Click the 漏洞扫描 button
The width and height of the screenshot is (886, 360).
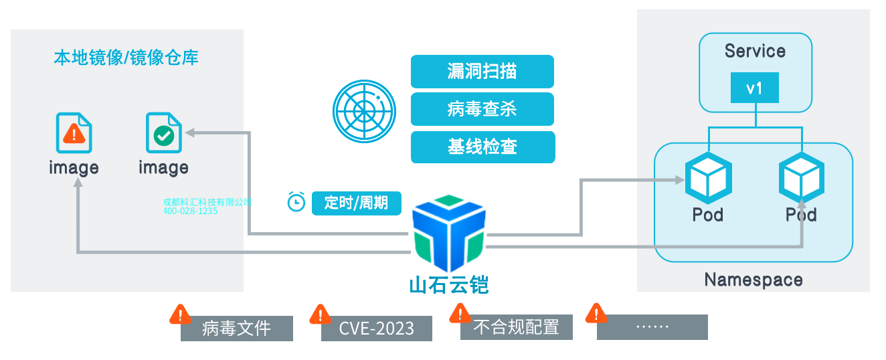click(x=482, y=71)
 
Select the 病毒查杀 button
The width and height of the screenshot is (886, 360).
click(x=482, y=108)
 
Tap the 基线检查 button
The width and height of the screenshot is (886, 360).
click(x=482, y=147)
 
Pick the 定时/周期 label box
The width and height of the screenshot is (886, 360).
click(x=356, y=203)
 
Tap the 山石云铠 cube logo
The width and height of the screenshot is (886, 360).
click(x=448, y=230)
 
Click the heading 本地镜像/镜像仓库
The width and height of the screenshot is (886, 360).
click(x=126, y=58)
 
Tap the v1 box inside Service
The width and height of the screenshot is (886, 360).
click(x=754, y=88)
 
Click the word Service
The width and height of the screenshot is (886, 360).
click(x=755, y=52)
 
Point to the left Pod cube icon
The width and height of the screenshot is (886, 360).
click(x=708, y=177)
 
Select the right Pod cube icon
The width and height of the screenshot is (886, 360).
click(x=801, y=177)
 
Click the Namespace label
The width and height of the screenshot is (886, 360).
click(x=753, y=279)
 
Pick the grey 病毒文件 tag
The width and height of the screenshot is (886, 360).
click(x=236, y=329)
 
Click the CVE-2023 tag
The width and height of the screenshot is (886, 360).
click(x=376, y=329)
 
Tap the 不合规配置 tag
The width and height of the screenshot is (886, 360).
click(x=516, y=327)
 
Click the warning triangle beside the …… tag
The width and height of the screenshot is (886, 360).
click(x=596, y=312)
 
